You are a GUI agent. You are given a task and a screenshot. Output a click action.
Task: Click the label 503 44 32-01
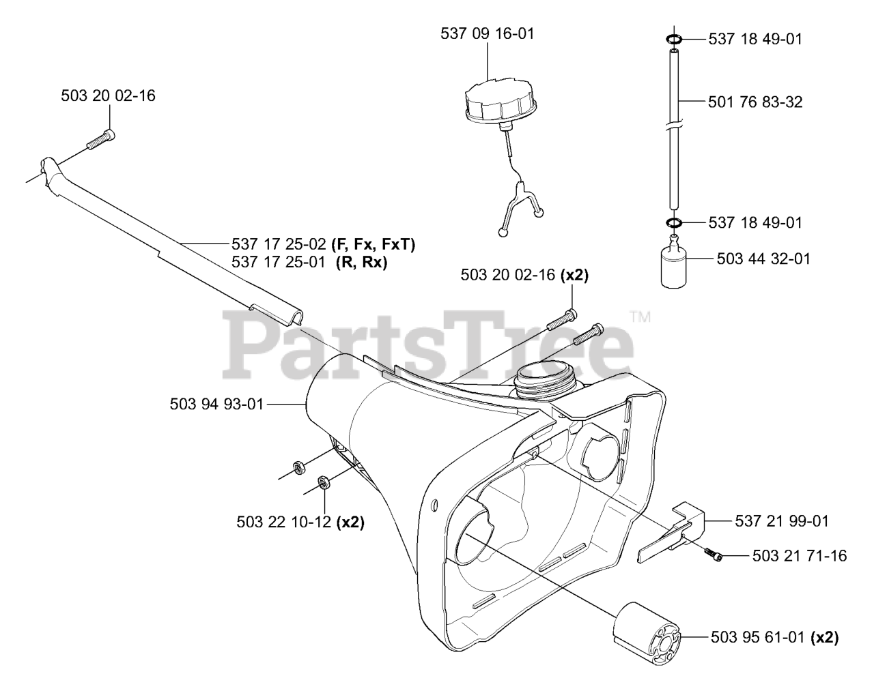click(x=763, y=259)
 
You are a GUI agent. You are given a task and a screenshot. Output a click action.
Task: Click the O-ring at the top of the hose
click(x=673, y=40)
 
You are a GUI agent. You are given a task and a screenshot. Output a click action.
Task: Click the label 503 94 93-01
click(x=216, y=405)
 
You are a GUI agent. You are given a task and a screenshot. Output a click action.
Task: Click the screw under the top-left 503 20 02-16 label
click(x=101, y=140)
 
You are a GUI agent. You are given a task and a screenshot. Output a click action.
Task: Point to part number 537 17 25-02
click(x=278, y=244)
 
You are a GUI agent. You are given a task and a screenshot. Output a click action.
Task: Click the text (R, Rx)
click(x=361, y=261)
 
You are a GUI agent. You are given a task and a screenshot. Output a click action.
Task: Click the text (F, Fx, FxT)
click(x=373, y=244)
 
